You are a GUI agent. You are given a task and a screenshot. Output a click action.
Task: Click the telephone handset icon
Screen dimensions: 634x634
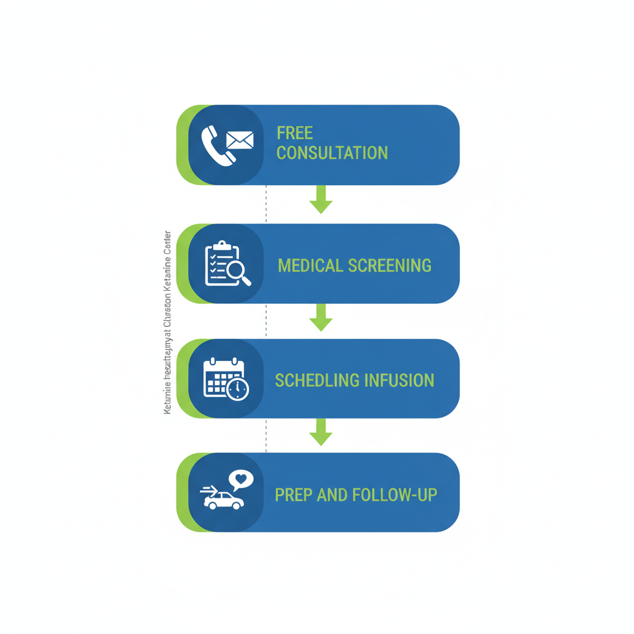217,147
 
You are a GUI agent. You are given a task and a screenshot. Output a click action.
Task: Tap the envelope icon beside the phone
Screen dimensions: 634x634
240,141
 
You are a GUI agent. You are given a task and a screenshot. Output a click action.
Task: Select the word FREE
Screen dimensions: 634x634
295,133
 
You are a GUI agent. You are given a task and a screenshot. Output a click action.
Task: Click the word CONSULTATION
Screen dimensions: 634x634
332,153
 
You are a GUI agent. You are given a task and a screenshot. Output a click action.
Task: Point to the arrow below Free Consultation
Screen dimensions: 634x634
321,199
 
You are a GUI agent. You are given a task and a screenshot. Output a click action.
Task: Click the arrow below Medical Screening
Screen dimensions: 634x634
321,317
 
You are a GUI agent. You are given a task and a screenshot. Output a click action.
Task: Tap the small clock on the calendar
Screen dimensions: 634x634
238,389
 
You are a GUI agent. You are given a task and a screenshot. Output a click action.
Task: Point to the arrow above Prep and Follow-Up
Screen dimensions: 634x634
321,432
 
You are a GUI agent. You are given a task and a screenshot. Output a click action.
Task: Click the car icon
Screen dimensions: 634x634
224,500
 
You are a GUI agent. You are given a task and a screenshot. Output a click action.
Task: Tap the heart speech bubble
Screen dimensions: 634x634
241,479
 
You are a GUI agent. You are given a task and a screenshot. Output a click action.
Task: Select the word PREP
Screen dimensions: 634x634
293,495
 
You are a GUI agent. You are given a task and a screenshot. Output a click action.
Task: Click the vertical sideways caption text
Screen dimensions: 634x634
167,322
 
